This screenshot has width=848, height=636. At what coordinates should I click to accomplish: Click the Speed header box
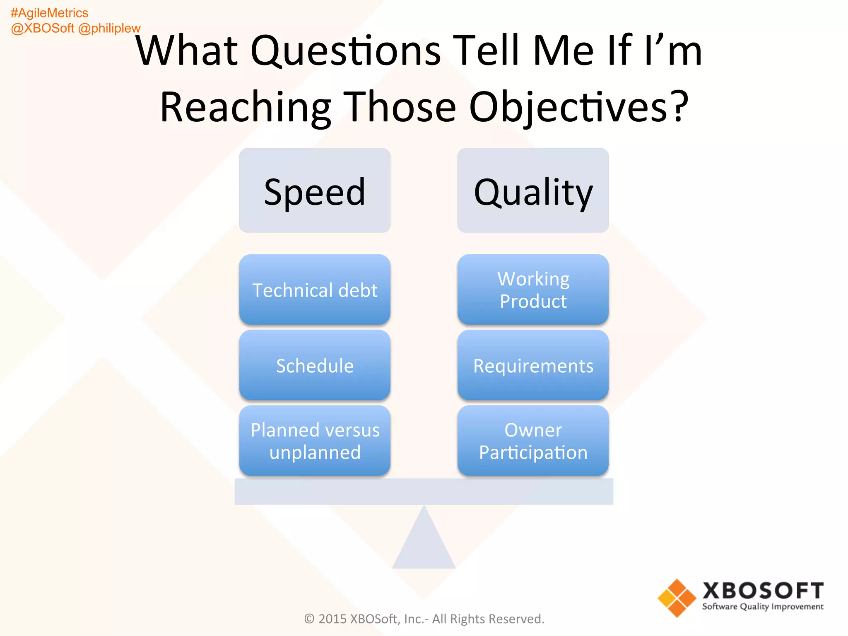315,190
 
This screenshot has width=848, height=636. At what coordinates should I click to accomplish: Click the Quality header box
533,190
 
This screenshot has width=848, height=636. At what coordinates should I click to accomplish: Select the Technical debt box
315,289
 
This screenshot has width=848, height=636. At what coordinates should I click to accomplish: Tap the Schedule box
315,365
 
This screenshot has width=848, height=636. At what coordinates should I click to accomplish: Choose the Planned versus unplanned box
315,441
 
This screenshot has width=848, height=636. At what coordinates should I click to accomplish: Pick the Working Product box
533,289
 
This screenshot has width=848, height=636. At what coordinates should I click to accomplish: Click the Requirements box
533,365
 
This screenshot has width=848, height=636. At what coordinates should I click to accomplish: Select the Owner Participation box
533,441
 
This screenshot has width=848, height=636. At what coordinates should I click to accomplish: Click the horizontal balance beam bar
424,491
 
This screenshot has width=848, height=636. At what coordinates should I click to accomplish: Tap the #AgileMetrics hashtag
49,13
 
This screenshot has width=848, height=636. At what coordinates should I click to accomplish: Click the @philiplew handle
109,28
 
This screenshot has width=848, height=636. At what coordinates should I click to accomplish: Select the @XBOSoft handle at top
43,28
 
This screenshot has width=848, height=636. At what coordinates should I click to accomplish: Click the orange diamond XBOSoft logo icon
677,598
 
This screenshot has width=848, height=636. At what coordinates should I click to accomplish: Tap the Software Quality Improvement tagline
763,607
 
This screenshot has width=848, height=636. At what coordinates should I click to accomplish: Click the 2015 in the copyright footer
332,619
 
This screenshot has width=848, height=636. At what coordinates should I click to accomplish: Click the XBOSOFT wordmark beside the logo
763,590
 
